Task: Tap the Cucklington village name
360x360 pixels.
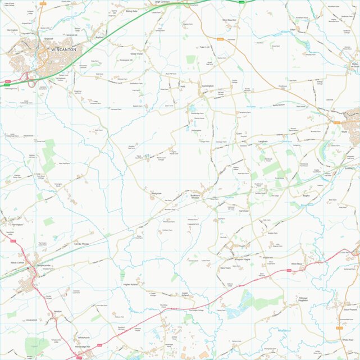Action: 208,86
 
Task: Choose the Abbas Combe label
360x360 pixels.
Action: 18,262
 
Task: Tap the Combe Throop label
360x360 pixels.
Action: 81,244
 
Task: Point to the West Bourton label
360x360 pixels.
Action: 230,20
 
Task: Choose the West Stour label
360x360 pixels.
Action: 297,264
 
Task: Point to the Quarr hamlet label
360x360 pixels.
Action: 239,134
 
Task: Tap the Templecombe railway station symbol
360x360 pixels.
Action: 29,268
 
